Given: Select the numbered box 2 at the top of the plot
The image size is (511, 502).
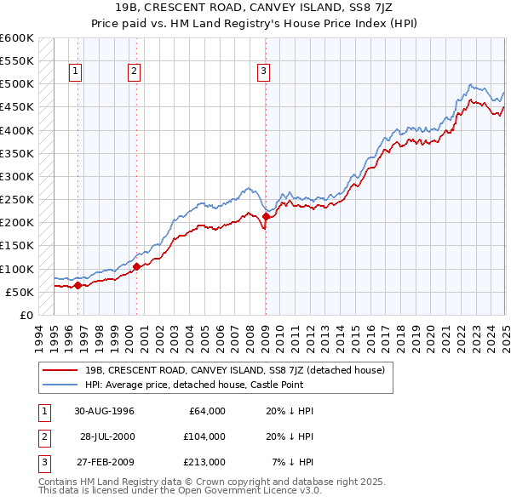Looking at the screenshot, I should point(135,71).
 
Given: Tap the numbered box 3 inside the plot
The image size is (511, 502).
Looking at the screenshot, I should point(264,71).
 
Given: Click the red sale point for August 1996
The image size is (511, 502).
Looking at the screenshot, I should point(78,285).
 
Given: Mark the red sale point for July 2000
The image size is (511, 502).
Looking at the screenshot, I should point(136,266).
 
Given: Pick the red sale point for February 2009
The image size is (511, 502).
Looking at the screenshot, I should point(265,216).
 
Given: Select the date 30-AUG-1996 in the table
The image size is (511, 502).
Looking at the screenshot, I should point(104,411).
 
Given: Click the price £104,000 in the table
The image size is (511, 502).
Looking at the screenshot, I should point(204,436).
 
